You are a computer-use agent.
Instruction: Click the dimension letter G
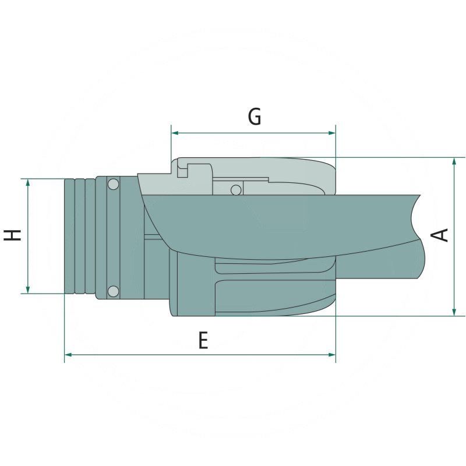pyautogui.click(x=255, y=116)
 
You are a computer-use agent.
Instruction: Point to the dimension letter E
pyautogui.click(x=203, y=340)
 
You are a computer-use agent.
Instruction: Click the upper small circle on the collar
pyautogui.click(x=113, y=185)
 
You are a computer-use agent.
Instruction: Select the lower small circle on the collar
pyautogui.click(x=113, y=291)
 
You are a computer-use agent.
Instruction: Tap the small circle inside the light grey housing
pyautogui.click(x=235, y=190)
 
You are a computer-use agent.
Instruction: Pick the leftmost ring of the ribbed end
pyautogui.click(x=69, y=235)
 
